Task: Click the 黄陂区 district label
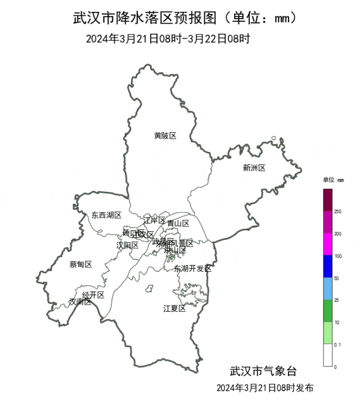[165, 136]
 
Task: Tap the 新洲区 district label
[254, 168]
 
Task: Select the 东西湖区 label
[106, 215]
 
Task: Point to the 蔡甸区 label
[80, 265]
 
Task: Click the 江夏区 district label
[174, 308]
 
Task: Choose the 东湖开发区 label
[192, 268]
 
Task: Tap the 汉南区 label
[79, 302]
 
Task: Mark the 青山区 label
[178, 223]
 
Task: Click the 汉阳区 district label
[127, 245]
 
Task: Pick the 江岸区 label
[154, 220]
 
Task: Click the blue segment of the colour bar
[327, 267]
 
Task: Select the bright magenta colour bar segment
[327, 245]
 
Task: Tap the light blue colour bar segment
[327, 289]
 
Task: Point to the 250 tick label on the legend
[338, 212]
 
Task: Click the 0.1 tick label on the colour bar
[339, 344]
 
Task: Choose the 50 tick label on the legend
[337, 279]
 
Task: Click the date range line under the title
[168, 39]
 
